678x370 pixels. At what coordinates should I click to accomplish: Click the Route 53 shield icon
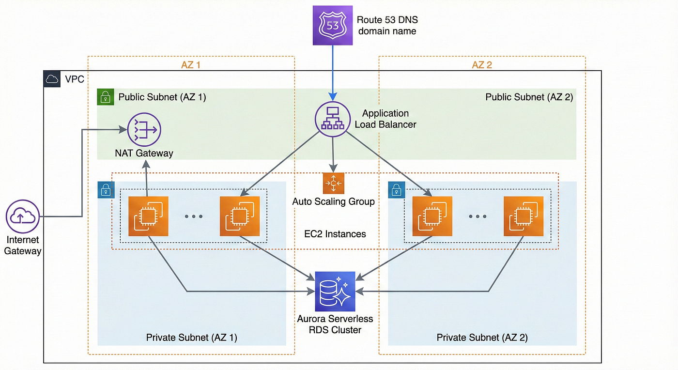[332, 26]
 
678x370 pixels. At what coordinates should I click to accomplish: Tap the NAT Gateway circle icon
[144, 130]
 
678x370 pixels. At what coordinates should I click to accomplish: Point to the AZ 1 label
[191, 65]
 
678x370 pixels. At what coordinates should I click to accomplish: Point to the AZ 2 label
[481, 65]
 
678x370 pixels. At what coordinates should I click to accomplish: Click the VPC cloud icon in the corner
[52, 79]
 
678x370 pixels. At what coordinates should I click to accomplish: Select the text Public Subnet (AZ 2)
[529, 97]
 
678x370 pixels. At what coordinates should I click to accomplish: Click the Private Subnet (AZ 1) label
[191, 337]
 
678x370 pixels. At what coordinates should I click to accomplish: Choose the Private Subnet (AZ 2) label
[482, 337]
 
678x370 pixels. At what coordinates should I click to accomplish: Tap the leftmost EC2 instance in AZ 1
[148, 216]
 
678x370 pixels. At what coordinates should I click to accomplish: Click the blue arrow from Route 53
[332, 73]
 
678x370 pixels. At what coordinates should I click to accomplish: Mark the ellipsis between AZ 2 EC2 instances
[478, 216]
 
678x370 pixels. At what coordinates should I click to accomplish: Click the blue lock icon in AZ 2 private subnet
[396, 190]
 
